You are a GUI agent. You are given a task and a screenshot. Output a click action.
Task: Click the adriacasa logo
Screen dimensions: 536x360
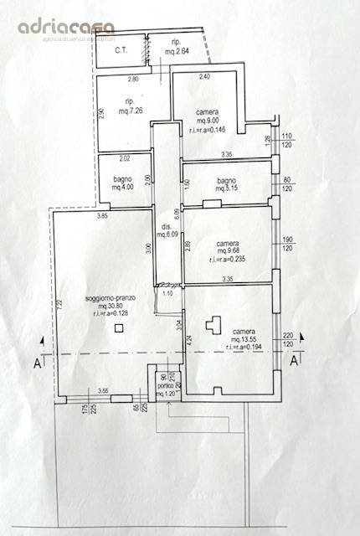coord(67,28)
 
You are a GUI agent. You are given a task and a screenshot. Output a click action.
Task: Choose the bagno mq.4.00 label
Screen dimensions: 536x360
coord(125,182)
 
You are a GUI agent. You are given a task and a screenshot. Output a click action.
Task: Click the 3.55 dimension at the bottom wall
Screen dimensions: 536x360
coord(103,391)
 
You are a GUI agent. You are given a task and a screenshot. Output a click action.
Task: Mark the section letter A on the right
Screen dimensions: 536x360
coord(295,361)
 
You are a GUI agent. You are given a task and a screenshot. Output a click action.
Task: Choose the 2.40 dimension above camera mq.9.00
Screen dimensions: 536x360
coord(203,77)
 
